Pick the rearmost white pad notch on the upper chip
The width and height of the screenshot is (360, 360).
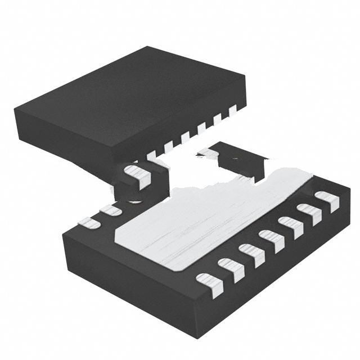coord(232,111)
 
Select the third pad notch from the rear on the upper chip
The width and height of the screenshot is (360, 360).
coord(201,127)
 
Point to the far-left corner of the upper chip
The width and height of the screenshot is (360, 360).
coord(16,107)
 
